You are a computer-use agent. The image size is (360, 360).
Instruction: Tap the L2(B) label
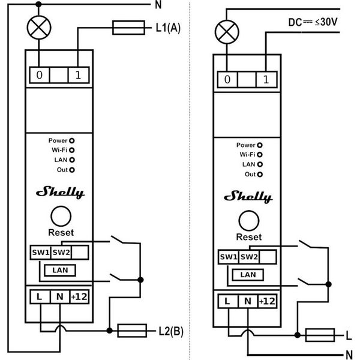(170, 331)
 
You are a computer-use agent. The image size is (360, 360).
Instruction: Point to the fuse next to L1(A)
(128, 26)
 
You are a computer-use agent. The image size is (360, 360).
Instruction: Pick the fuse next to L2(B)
(132, 330)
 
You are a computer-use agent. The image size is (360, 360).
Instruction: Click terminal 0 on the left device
(40, 75)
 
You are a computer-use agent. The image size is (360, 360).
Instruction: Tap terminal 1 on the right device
(266, 79)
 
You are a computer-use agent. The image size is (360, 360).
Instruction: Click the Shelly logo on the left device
(61, 192)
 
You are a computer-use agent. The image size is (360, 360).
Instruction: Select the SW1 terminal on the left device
(40, 251)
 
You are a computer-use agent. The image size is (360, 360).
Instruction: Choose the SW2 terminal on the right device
(249, 257)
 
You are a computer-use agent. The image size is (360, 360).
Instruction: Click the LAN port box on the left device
(60, 270)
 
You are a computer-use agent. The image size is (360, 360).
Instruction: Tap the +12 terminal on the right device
(267, 301)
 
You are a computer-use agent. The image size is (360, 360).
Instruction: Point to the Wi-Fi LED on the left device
(71, 150)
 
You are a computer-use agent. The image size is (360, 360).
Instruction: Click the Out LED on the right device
(259, 174)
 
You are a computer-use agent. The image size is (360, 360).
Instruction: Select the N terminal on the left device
(59, 296)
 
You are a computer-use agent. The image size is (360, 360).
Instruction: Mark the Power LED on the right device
(259, 145)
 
